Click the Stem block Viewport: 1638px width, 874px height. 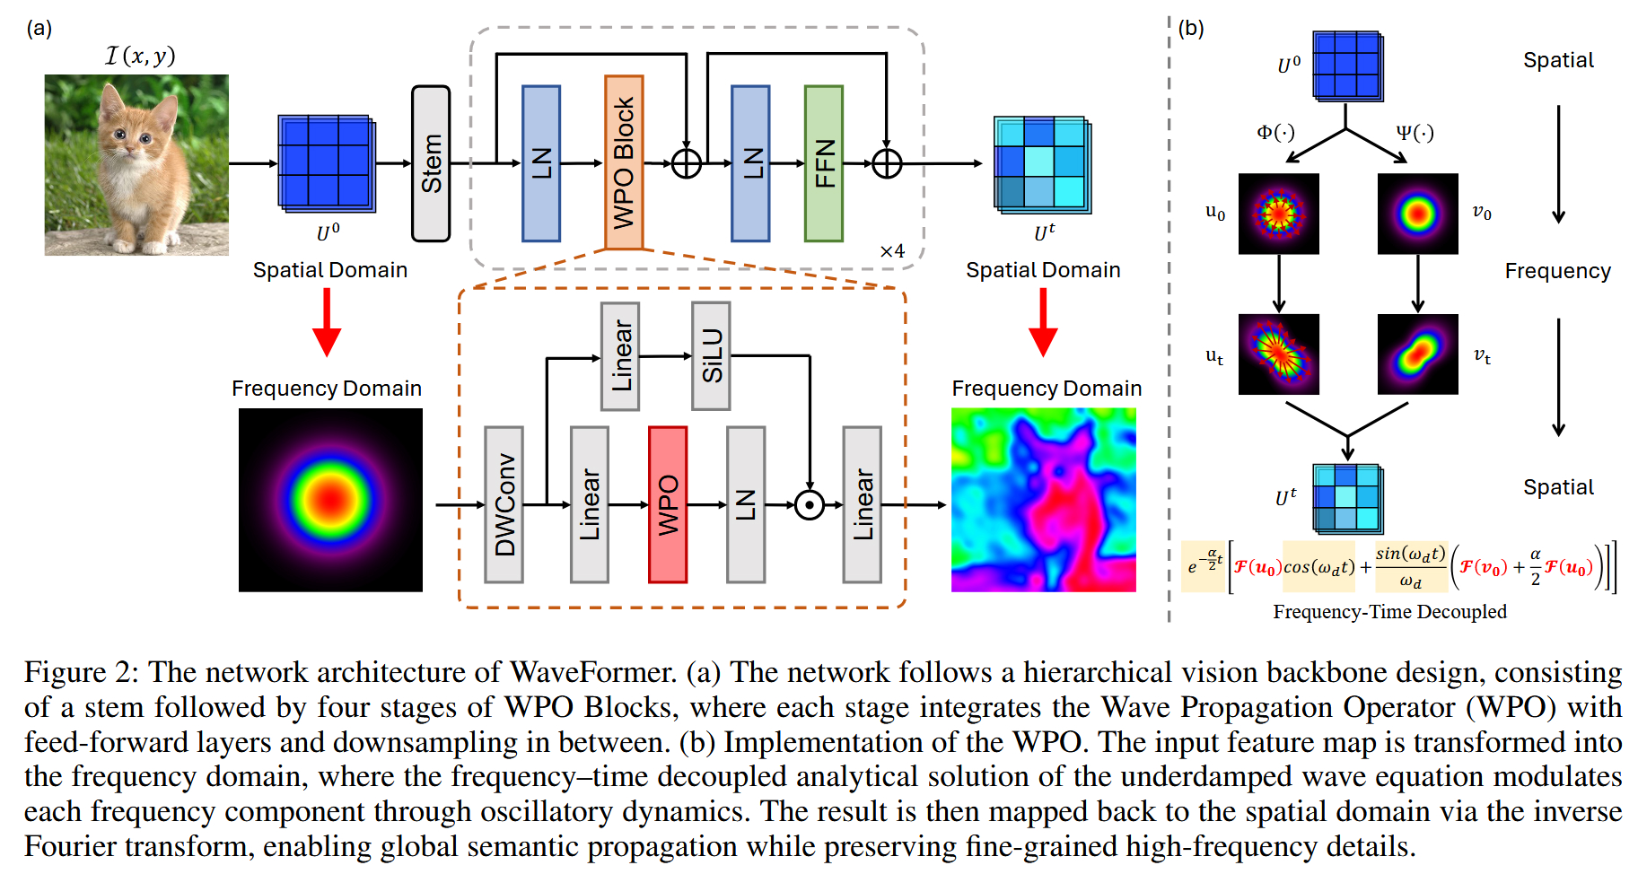click(x=431, y=163)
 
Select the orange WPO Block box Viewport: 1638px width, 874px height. click(x=624, y=162)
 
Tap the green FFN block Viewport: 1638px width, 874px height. click(x=823, y=163)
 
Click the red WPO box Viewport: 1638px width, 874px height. click(x=667, y=504)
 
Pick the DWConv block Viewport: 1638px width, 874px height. click(x=504, y=504)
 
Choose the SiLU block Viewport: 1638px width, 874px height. click(x=711, y=355)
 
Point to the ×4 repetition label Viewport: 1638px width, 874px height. click(x=892, y=251)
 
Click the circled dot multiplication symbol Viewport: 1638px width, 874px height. click(x=810, y=505)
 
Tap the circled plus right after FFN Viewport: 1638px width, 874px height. click(x=887, y=163)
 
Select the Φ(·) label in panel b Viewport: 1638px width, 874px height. click(x=1275, y=133)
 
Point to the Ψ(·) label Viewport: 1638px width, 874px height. click(x=1415, y=133)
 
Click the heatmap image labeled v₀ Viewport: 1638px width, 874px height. click(x=1417, y=214)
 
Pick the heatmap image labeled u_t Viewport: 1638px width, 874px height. click(x=1278, y=354)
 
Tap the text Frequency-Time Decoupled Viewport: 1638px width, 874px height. click(x=1389, y=612)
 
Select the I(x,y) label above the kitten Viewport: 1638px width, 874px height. click(x=140, y=56)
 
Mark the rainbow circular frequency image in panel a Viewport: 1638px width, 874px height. click(x=330, y=500)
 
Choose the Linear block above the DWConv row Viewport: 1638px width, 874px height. click(x=620, y=355)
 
